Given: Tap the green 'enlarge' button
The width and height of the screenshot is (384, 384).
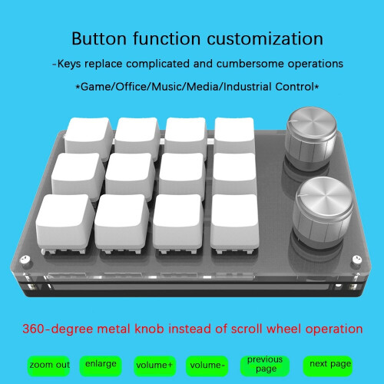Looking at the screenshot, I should coord(101,363).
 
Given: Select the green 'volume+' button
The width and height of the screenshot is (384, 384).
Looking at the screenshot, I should coord(154,364).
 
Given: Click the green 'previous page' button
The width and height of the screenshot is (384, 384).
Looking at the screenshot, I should coord(265,364).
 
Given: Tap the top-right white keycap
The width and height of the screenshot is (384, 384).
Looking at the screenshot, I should coord(236,135).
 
